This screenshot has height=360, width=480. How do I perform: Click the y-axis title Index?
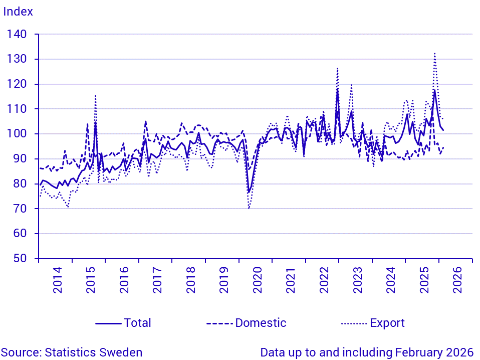tap(18, 12)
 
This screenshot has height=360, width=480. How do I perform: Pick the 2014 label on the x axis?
tap(57, 281)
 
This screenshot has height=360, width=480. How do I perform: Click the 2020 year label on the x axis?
tap(257, 281)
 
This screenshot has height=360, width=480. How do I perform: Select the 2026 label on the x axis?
tap(457, 281)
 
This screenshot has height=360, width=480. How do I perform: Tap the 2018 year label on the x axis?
tap(190, 281)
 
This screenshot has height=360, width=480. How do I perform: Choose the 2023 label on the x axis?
tap(357, 281)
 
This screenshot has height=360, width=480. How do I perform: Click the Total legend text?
tap(137, 323)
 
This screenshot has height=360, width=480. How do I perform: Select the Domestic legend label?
tap(261, 323)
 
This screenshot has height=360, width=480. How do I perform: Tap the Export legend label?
tap(387, 323)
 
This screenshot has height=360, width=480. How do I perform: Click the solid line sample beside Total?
tap(108, 323)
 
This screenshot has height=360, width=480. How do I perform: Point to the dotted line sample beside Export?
tap(354, 323)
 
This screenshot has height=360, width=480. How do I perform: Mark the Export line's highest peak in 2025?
tap(434, 53)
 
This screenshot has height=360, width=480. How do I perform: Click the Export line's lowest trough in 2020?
tap(249, 208)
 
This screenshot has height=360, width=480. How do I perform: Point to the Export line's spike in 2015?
tap(95, 95)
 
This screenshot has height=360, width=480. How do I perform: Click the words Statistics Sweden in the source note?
tap(94, 352)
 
